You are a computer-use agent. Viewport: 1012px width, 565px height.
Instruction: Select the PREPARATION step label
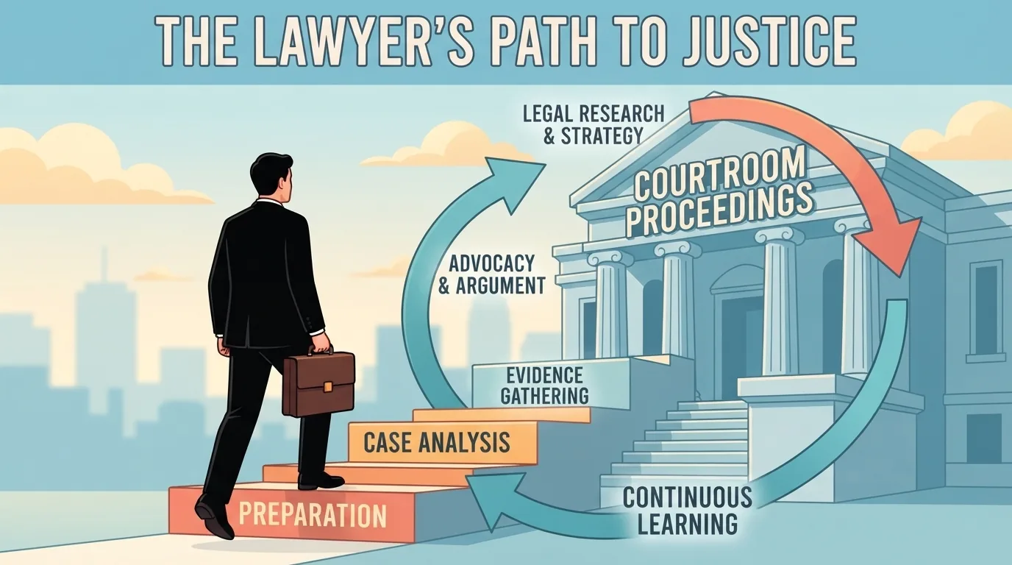[312, 514]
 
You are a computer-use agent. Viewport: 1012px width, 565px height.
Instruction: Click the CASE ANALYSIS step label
[437, 442]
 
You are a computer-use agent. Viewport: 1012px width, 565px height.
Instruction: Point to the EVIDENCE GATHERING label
[544, 385]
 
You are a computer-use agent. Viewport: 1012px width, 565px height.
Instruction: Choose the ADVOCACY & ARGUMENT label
[492, 274]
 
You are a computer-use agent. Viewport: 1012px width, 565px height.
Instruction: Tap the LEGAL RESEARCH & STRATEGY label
[594, 124]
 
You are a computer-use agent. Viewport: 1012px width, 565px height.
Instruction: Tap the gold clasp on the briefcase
[328, 386]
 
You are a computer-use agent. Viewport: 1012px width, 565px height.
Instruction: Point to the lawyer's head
[272, 179]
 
